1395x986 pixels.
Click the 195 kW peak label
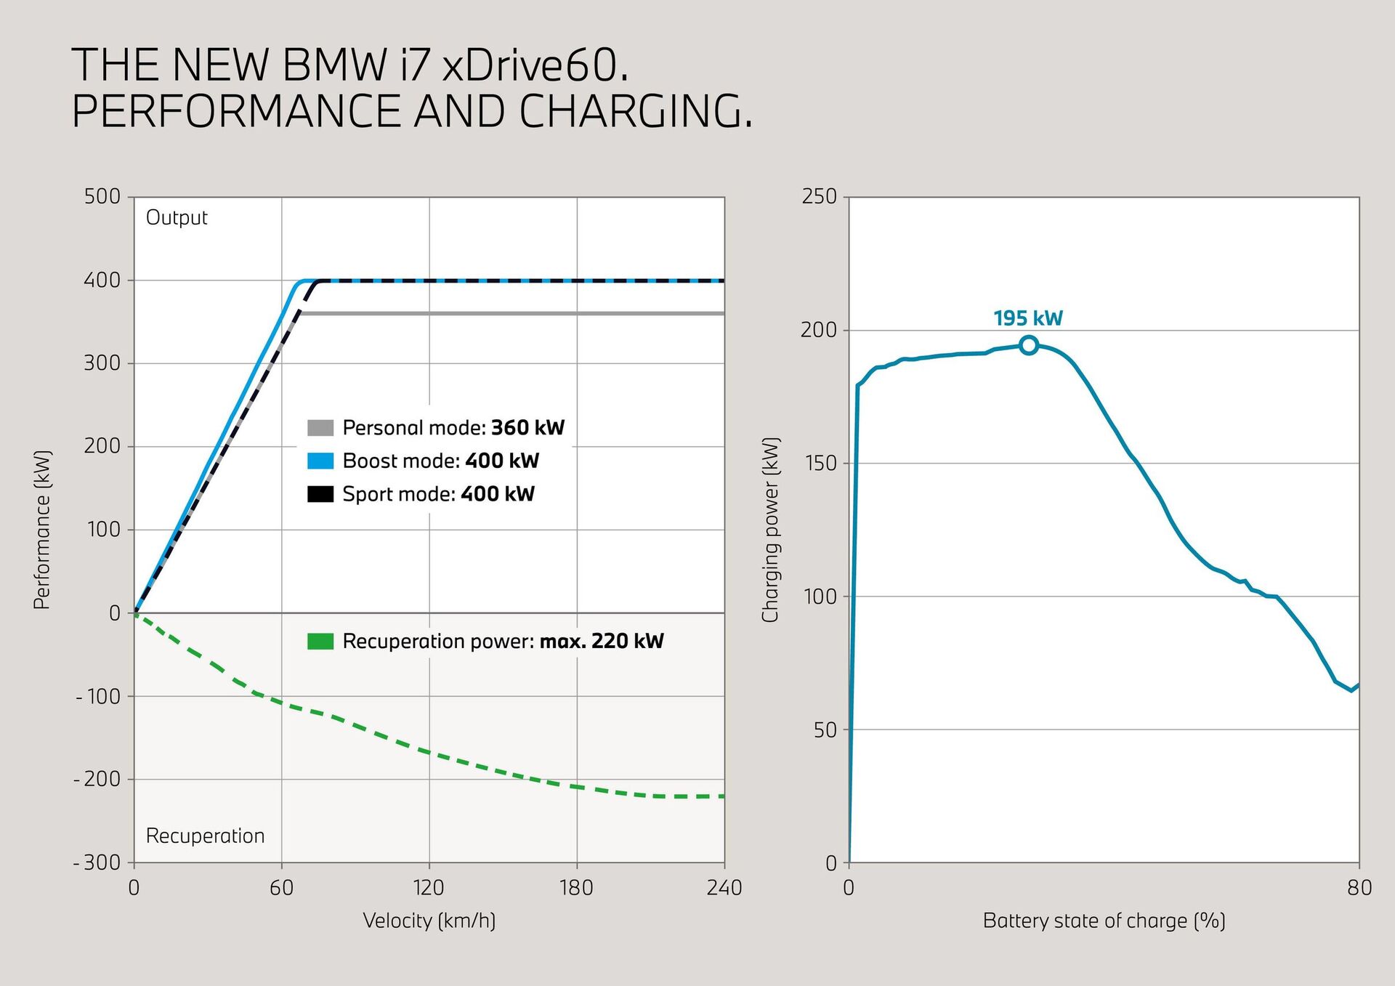point(1027,318)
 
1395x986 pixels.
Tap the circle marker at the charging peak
point(1028,345)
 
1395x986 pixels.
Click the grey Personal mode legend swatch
point(320,427)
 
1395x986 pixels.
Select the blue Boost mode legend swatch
point(320,461)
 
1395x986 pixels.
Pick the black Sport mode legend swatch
point(320,494)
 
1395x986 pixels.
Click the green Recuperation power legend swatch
point(320,641)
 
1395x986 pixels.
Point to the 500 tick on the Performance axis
point(102,196)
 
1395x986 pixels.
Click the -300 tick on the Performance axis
point(97,862)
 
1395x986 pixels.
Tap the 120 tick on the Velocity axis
point(429,887)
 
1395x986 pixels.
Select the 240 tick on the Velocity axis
point(724,887)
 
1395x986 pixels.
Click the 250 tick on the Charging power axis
point(819,196)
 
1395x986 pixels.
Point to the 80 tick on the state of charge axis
point(1359,887)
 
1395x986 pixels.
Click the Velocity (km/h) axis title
point(429,921)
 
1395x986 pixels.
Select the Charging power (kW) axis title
point(770,530)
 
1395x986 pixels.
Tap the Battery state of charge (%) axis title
point(1104,921)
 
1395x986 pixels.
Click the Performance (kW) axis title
point(42,530)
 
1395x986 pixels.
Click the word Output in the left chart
point(177,218)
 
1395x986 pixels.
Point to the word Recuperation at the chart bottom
point(205,836)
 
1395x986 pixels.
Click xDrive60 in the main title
point(535,65)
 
